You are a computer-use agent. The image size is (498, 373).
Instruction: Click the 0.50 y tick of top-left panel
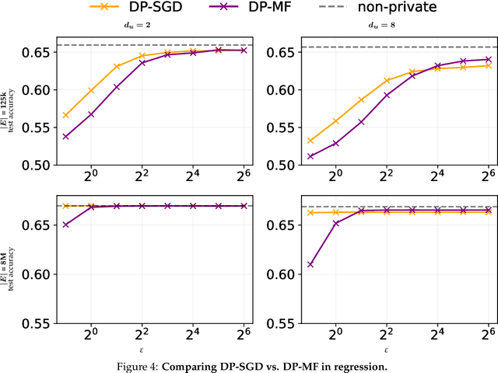click(33, 165)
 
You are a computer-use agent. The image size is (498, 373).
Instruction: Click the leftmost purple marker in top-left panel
click(65, 136)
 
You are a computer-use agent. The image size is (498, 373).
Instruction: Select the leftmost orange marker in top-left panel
click(65, 115)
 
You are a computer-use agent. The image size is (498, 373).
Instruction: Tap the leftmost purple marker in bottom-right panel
click(310, 264)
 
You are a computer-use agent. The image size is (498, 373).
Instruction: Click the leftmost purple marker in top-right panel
click(310, 156)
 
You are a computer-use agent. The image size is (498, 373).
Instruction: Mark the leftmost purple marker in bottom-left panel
click(65, 225)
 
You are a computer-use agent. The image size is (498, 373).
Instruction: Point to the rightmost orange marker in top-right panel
click(487, 65)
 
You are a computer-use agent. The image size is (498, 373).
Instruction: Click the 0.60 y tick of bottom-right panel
click(278, 274)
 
